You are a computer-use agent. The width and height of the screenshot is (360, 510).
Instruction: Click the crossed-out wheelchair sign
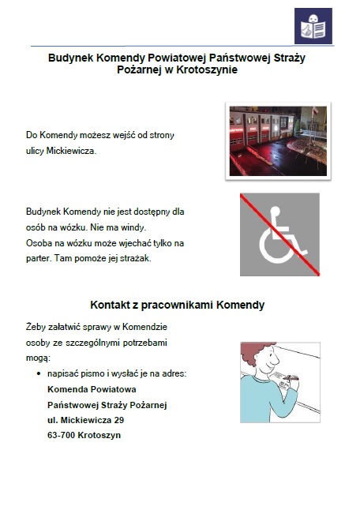pyautogui.click(x=279, y=234)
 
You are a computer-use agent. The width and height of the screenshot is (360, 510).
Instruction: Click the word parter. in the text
pyautogui.click(x=39, y=257)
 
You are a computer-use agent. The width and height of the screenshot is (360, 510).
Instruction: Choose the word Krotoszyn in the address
pyautogui.click(x=99, y=435)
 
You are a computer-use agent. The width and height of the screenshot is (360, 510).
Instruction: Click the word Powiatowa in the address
pyautogui.click(x=114, y=389)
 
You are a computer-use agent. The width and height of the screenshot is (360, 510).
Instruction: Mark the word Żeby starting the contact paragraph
pyautogui.click(x=37, y=327)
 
